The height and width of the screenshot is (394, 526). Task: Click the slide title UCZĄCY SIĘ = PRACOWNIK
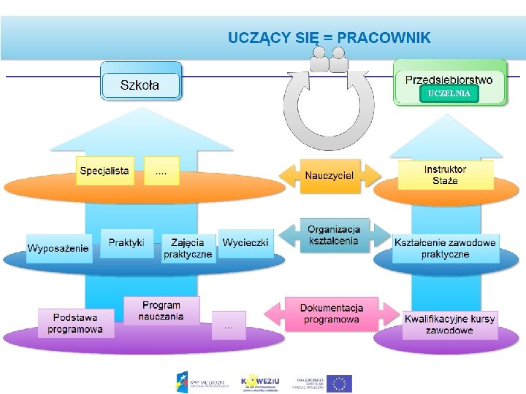[x=329, y=37]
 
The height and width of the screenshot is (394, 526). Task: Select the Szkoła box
[x=140, y=85]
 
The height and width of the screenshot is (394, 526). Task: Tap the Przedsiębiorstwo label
[x=449, y=80]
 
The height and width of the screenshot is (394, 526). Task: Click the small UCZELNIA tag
[x=449, y=94]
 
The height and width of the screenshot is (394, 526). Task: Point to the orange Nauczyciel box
[x=329, y=176]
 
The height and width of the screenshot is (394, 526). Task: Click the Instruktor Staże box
[x=445, y=175]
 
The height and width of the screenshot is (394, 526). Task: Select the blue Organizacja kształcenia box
[x=333, y=236]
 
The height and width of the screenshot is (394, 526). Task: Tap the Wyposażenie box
[x=58, y=248]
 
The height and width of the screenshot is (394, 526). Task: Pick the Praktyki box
[x=126, y=242]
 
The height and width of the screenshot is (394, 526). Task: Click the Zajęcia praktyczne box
[x=188, y=248]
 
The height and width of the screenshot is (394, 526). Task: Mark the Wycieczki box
[x=245, y=242]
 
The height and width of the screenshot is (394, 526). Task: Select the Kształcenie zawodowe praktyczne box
[x=445, y=248]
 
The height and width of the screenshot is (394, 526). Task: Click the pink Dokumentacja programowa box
[x=331, y=314]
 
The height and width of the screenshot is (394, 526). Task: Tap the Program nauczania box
[x=161, y=311]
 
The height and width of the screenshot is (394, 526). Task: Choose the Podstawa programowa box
[x=76, y=323]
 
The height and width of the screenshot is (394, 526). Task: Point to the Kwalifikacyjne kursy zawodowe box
[x=449, y=324]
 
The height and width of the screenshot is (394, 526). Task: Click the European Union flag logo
[x=339, y=383]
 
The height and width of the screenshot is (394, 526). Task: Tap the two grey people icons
[x=329, y=60]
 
